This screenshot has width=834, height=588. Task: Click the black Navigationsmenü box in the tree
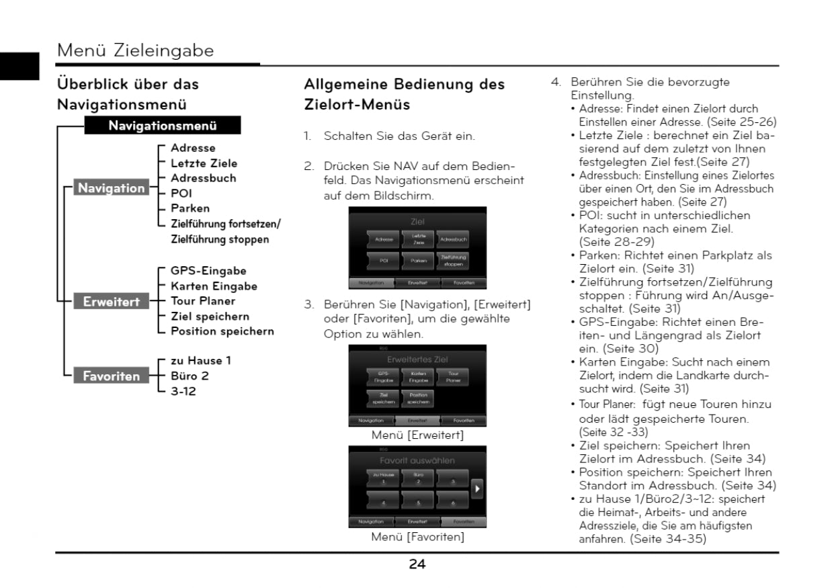pyautogui.click(x=162, y=126)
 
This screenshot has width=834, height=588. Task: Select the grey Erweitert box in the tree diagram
pyautogui.click(x=111, y=302)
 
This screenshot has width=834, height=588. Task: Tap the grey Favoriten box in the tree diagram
pyautogui.click(x=111, y=376)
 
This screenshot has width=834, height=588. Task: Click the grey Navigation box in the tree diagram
pyautogui.click(x=111, y=188)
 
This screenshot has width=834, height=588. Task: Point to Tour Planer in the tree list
pyautogui.click(x=203, y=301)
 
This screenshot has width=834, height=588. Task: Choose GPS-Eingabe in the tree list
pyautogui.click(x=208, y=271)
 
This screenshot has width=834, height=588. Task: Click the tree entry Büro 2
pyautogui.click(x=190, y=376)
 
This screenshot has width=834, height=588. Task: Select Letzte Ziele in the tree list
pyautogui.click(x=204, y=163)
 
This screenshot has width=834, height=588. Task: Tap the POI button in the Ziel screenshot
pyautogui.click(x=384, y=260)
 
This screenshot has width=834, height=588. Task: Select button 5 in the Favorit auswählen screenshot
pyautogui.click(x=418, y=501)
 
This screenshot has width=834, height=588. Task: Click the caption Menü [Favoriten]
pyautogui.click(x=417, y=537)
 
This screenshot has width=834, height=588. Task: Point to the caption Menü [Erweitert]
pyautogui.click(x=417, y=435)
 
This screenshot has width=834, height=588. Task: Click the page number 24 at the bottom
pyautogui.click(x=417, y=564)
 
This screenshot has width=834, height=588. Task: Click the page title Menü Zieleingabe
pyautogui.click(x=136, y=50)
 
